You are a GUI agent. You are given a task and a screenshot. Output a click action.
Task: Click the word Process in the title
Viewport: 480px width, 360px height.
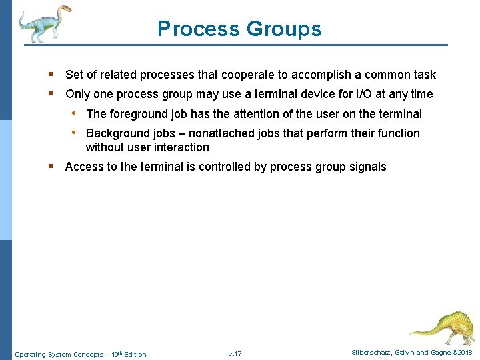[x=198, y=29]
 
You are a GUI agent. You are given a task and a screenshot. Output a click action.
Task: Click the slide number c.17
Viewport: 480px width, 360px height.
[x=235, y=353]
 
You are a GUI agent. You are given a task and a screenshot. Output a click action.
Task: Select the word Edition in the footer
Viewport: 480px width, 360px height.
[x=135, y=354]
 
